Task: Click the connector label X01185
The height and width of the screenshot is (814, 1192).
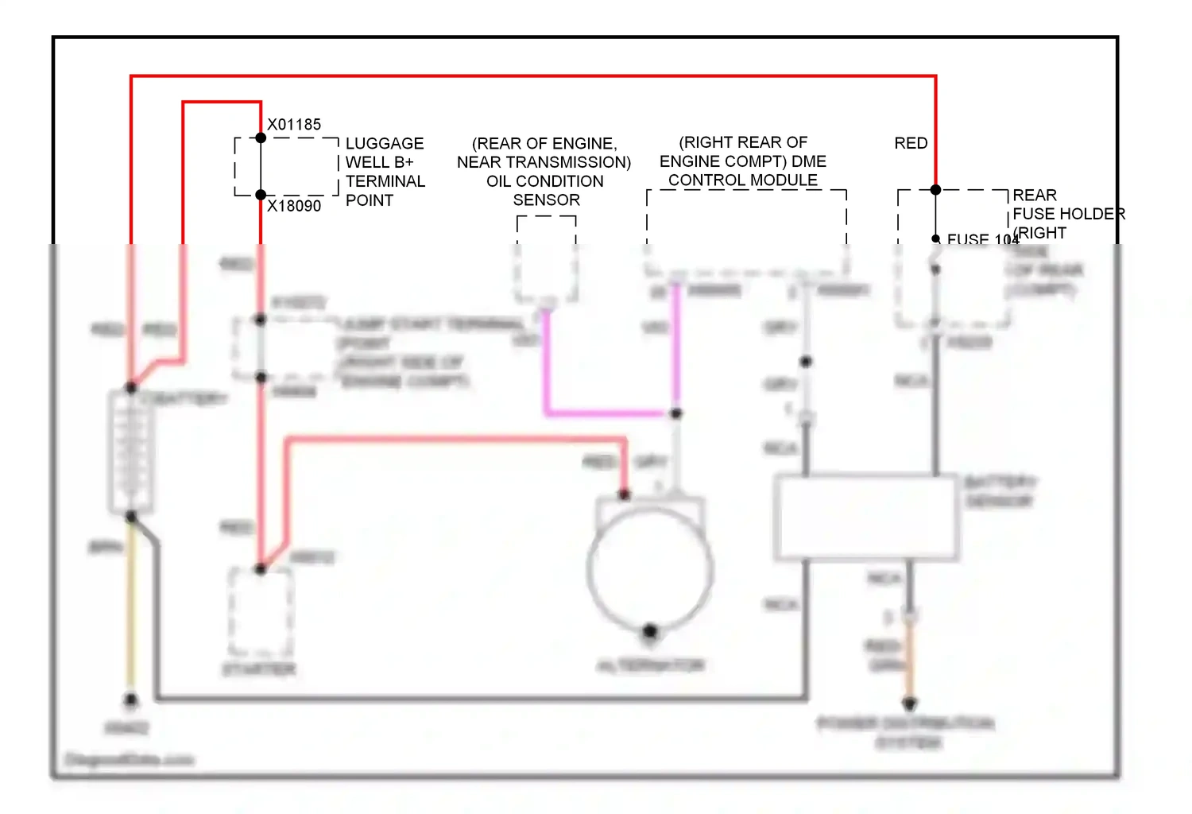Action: coord(294,125)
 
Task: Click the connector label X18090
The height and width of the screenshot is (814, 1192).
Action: coord(294,206)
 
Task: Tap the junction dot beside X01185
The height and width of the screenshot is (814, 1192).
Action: coord(261,138)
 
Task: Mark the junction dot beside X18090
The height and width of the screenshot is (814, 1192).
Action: coord(261,195)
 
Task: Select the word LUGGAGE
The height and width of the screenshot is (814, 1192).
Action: coord(385,144)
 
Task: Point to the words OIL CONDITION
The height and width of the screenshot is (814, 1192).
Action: coord(545,181)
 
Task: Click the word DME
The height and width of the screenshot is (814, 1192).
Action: coord(809,161)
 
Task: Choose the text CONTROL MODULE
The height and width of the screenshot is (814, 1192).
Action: coord(743,180)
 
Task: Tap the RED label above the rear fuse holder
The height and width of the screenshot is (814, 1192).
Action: coord(911,143)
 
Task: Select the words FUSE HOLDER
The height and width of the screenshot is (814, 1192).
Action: coord(1069,214)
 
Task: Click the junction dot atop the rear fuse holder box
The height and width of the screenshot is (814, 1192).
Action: coord(935,190)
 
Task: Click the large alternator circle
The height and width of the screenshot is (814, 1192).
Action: coord(650,568)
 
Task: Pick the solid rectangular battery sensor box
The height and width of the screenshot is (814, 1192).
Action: coord(866,517)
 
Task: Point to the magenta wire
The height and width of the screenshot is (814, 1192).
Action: coord(604,413)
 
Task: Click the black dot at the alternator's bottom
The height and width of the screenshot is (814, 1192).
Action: coord(650,632)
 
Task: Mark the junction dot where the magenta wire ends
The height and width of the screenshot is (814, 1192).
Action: coord(675,413)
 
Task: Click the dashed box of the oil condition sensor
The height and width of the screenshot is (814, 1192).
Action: coord(546,259)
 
